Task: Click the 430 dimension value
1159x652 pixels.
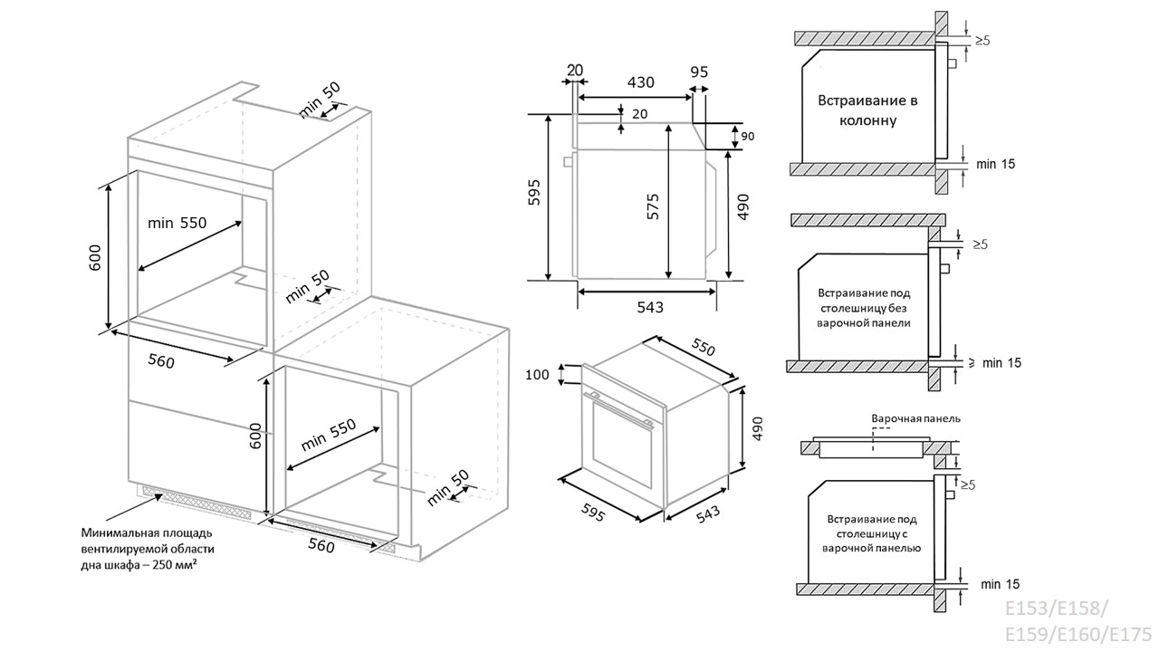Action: pyautogui.click(x=640, y=82)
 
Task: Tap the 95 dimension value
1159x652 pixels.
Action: pyautogui.click(x=698, y=72)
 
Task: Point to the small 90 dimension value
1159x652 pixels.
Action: pyautogui.click(x=748, y=137)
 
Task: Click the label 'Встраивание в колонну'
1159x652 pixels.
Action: pyautogui.click(x=868, y=110)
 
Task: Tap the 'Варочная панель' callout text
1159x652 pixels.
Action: pyautogui.click(x=915, y=419)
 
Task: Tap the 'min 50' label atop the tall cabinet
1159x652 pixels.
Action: pyautogui.click(x=321, y=100)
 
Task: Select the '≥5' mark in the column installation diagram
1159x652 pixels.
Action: pyautogui.click(x=982, y=41)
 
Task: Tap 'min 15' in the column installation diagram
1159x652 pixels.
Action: pyautogui.click(x=996, y=164)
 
